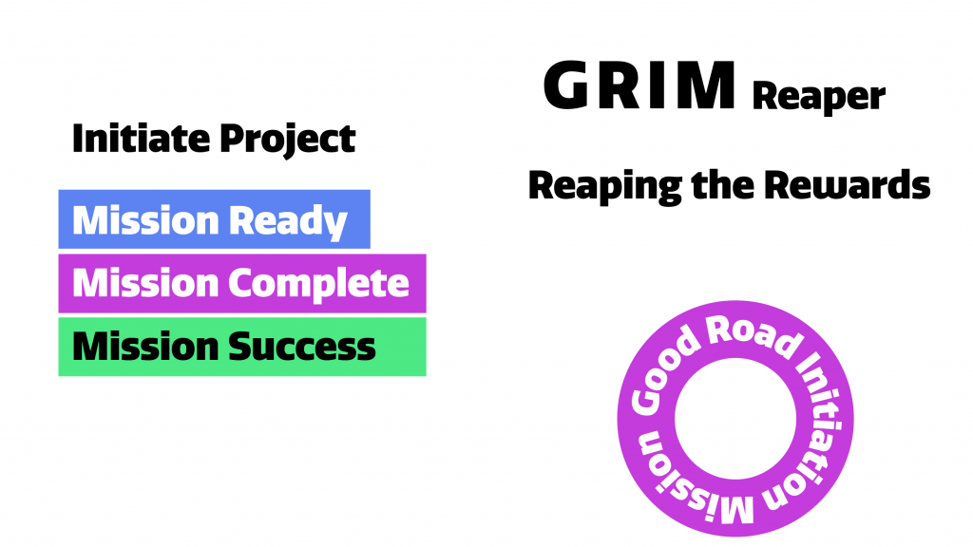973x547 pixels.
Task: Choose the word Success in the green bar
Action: pos(304,347)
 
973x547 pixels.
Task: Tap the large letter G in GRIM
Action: pos(572,86)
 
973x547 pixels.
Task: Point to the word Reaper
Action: pos(818,97)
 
